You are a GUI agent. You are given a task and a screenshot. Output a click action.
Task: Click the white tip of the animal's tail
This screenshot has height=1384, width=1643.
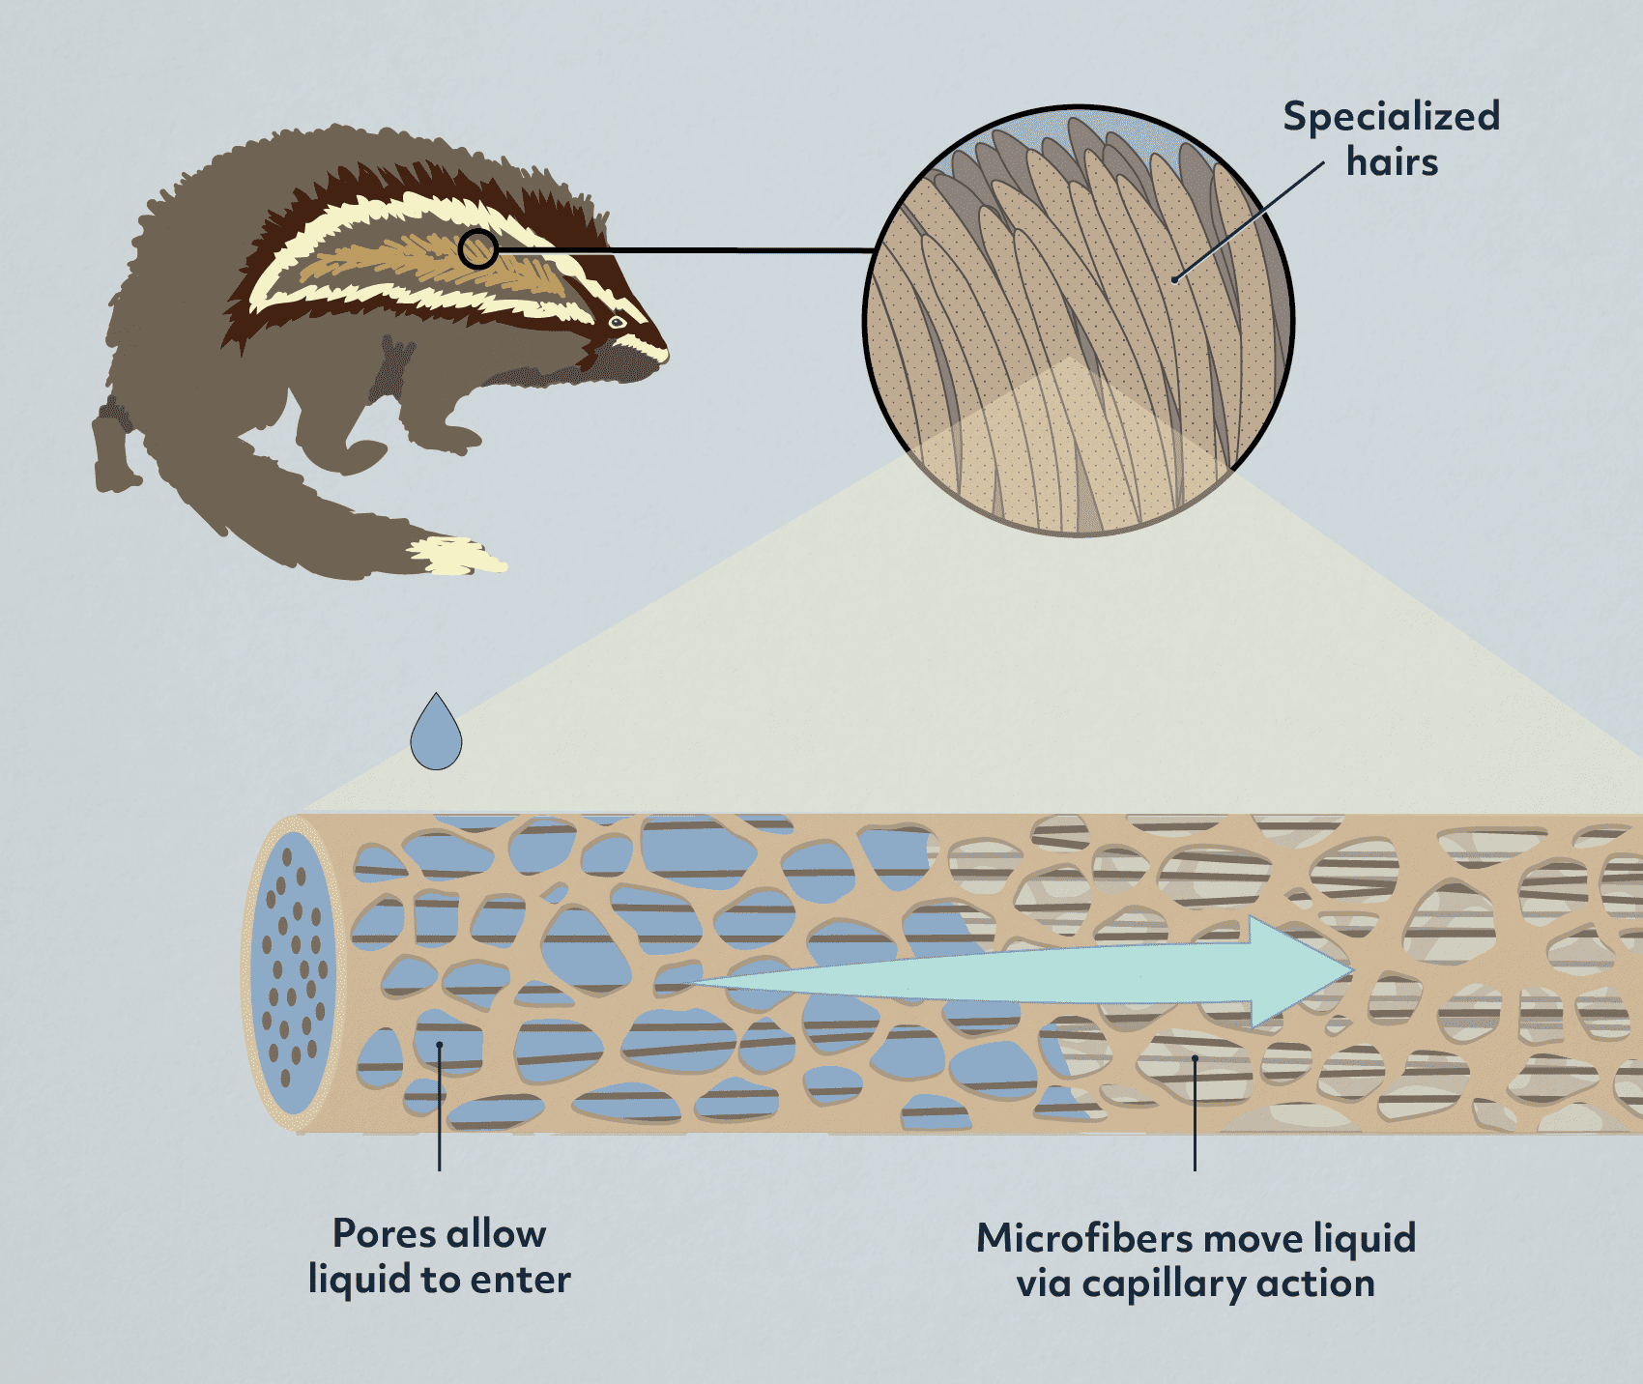tap(456, 556)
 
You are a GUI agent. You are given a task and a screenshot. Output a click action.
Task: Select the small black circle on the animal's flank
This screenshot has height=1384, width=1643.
tap(477, 249)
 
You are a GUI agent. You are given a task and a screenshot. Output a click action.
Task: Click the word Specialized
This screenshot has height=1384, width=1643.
tap(1392, 118)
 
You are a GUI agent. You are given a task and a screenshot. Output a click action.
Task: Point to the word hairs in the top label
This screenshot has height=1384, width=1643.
tap(1392, 161)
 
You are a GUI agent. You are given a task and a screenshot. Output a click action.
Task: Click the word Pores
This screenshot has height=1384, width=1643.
tap(384, 1234)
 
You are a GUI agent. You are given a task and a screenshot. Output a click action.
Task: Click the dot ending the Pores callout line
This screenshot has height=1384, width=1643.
tap(440, 1045)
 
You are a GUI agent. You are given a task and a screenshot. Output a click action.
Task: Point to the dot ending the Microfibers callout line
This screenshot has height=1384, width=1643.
tap(1196, 1058)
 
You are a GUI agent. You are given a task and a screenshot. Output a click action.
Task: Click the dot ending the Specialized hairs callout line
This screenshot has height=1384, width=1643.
tap(1174, 280)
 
